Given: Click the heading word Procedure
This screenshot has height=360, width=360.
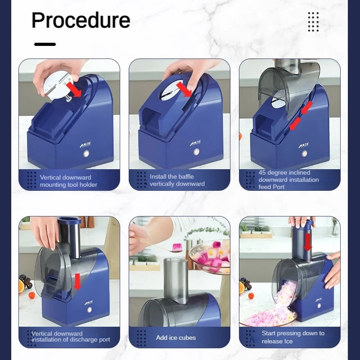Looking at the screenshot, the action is click(x=81, y=20).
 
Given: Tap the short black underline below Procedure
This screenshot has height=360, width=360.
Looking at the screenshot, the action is click(x=45, y=44).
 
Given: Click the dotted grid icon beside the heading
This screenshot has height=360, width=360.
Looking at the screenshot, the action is click(x=313, y=22).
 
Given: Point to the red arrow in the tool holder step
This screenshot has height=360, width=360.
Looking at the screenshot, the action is click(x=74, y=90).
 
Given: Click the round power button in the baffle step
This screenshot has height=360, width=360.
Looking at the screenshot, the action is click(x=197, y=152).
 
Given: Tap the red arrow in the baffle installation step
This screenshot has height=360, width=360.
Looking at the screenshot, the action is click(x=184, y=90).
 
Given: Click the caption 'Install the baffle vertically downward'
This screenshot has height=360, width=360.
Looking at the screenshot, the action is click(x=177, y=180).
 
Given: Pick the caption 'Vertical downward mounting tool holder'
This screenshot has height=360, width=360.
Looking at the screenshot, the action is click(x=68, y=181).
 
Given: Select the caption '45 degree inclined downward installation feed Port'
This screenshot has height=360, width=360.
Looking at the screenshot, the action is click(x=288, y=180).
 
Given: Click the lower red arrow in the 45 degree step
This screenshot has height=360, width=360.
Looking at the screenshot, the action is click(x=295, y=123).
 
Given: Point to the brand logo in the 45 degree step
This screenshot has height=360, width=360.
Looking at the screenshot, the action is click(x=303, y=145).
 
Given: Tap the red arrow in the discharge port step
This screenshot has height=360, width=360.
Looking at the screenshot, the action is click(x=77, y=282).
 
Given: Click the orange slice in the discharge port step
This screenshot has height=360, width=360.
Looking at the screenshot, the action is click(x=21, y=286).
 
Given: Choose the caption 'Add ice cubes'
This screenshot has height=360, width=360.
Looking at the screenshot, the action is click(x=176, y=338).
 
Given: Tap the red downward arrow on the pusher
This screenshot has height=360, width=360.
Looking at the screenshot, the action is click(x=307, y=243).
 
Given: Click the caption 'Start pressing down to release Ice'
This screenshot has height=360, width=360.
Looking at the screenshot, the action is click(x=293, y=337).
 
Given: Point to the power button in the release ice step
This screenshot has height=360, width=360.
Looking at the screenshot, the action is click(x=319, y=306).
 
